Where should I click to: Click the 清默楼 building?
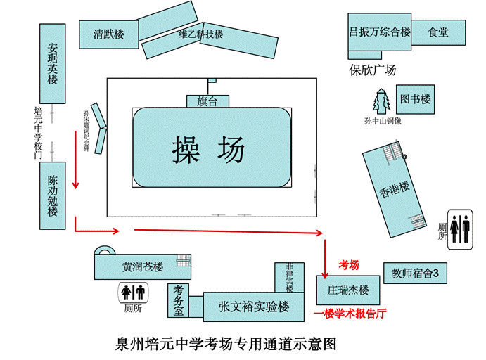tap(110, 34)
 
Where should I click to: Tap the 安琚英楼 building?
tap(53, 63)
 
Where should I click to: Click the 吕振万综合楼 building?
tap(380, 32)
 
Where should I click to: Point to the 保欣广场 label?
tap(373, 70)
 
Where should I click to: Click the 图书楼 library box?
tap(415, 99)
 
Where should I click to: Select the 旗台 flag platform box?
tap(207, 101)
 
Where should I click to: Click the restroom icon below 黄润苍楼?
tap(132, 291)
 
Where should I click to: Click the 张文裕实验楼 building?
tap(254, 307)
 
